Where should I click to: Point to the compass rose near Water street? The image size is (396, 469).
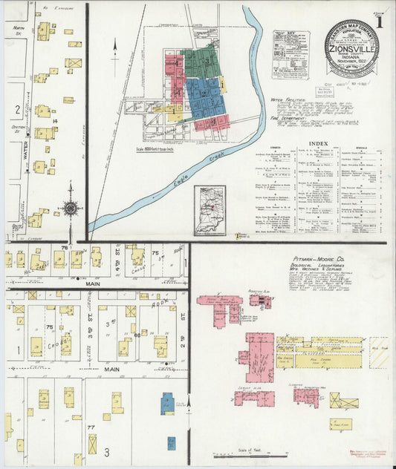70,209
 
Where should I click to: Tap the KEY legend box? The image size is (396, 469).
290,54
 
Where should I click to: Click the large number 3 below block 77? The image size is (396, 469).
107,451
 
